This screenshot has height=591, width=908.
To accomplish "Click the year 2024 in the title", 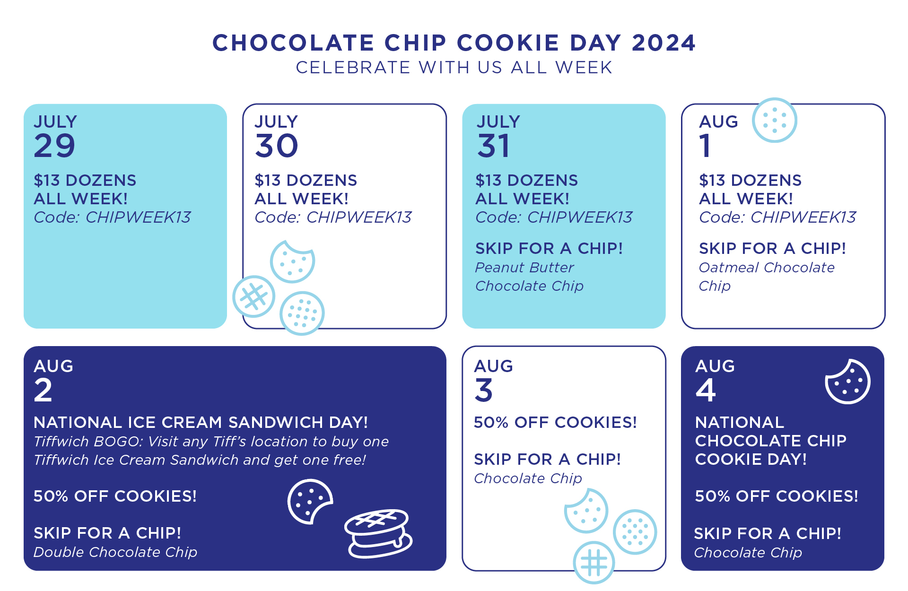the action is (x=664, y=43).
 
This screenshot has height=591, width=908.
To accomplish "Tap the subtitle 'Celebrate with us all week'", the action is (x=454, y=68).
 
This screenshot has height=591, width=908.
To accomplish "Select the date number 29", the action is (x=54, y=146).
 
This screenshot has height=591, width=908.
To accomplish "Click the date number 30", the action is (x=277, y=146).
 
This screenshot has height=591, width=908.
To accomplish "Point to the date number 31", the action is (x=493, y=146).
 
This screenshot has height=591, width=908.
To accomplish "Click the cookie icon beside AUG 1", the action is (x=774, y=120).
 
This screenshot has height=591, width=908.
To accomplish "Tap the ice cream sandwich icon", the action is (x=378, y=533).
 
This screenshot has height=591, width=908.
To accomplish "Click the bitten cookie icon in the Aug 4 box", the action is (x=847, y=382).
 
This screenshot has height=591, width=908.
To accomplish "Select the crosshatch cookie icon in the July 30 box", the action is (x=253, y=296).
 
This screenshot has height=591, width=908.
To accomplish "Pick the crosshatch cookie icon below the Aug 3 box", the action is (x=594, y=563).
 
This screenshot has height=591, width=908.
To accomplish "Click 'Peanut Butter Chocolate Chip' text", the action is (x=529, y=277).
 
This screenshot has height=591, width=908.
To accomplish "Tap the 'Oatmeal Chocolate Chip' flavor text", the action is (x=767, y=277).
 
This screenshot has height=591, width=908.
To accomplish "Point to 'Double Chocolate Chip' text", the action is (x=115, y=552).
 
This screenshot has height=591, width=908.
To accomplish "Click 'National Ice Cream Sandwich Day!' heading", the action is (x=201, y=422).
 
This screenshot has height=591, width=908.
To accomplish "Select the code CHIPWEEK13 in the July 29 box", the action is (x=138, y=217).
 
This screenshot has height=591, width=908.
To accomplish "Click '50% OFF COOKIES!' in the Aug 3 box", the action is (x=555, y=422).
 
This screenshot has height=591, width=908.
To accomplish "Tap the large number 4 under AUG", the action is (x=706, y=390).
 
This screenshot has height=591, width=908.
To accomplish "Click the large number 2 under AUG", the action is (x=43, y=390).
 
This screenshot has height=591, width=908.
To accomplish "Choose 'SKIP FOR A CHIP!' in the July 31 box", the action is (x=549, y=248).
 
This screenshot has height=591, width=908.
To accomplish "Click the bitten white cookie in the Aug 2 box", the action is (x=310, y=501).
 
